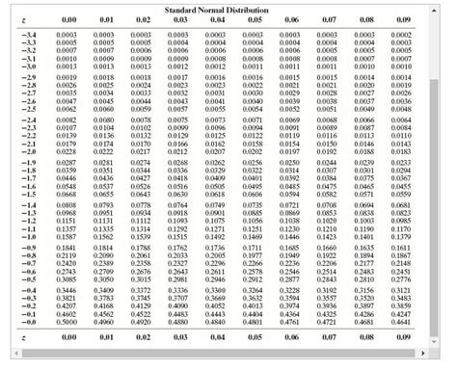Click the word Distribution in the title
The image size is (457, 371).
254,10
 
